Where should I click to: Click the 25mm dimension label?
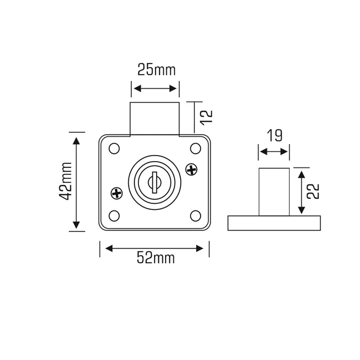click(x=156, y=70)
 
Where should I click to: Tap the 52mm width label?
click(x=156, y=258)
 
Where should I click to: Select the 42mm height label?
click(x=65, y=181)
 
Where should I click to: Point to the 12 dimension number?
click(x=205, y=116)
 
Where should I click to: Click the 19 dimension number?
click(x=274, y=135)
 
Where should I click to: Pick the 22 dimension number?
click(x=313, y=191)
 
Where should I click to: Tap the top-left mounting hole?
click(x=114, y=148)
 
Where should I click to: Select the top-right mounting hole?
click(x=196, y=148)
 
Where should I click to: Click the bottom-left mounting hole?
click(x=114, y=215)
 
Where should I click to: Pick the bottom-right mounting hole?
click(x=196, y=215)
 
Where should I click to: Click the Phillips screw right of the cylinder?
click(x=191, y=169)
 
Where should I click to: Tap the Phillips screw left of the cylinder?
click(x=117, y=193)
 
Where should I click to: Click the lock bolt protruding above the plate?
click(x=155, y=119)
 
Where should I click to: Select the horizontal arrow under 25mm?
click(x=155, y=89)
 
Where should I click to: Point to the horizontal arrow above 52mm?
click(x=155, y=248)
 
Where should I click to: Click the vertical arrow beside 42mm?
click(x=76, y=182)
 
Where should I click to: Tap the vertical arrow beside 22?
click(x=301, y=192)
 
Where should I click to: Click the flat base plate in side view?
click(x=274, y=223)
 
